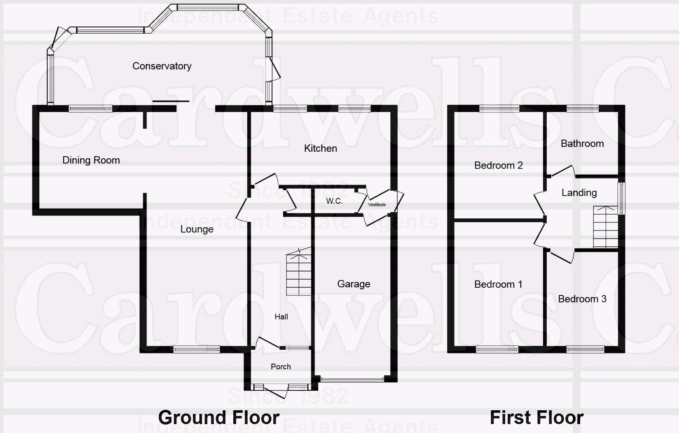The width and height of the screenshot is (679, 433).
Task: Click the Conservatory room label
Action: [x=162, y=66]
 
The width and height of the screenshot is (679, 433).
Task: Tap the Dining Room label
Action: [x=91, y=160]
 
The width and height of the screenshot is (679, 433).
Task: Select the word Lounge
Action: [x=197, y=230]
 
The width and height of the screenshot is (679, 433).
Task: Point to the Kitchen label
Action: [x=320, y=149]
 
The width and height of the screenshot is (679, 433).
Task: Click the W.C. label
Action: [x=334, y=201]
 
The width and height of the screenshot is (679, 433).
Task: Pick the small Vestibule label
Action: [x=377, y=205]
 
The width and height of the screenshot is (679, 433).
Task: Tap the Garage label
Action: [x=354, y=284]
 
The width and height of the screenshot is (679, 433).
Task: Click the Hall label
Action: [x=281, y=317]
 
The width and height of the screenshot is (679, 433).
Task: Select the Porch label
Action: [x=281, y=367]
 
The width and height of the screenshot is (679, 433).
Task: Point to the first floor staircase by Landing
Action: [x=606, y=227]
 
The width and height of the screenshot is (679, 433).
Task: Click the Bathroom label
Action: [x=582, y=144]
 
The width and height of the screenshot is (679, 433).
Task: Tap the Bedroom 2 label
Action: [x=498, y=166]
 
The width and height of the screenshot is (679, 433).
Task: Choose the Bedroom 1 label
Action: [x=498, y=284]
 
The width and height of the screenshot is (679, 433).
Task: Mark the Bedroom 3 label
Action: [x=582, y=299]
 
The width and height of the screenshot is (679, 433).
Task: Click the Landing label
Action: [x=579, y=193]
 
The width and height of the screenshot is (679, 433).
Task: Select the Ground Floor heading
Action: [x=219, y=418]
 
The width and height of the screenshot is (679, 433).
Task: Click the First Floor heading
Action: [x=537, y=418]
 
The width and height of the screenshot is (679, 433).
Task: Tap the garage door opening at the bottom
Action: [x=352, y=379]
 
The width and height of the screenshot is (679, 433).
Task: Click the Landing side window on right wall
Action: [x=621, y=198]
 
